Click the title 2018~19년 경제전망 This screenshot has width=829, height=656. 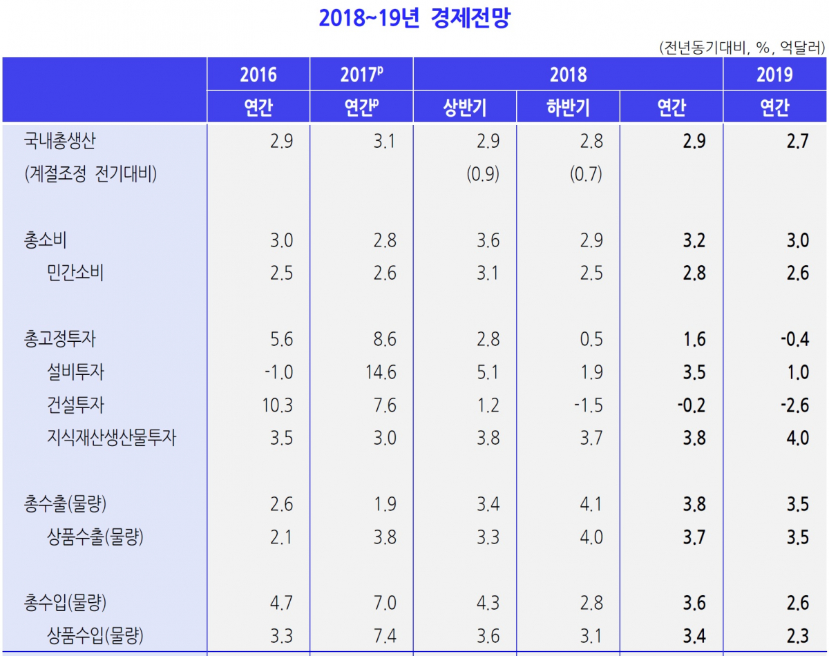[x=414, y=19]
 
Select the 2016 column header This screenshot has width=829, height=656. [x=258, y=75]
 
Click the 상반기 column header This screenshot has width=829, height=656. [x=465, y=108]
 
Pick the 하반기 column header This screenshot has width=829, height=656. [x=568, y=108]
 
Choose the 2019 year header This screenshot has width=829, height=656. [x=774, y=75]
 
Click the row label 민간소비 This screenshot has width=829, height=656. [x=75, y=273]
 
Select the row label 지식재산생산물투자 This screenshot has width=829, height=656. [x=111, y=438]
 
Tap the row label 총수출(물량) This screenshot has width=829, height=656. [x=65, y=504]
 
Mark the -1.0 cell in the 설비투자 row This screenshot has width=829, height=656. [x=278, y=372]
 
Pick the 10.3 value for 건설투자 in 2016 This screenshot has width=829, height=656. [x=278, y=405]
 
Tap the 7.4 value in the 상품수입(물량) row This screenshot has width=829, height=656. [x=385, y=635]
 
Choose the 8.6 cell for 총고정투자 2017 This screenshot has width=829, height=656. [x=385, y=339]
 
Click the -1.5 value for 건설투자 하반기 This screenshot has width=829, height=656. [x=588, y=405]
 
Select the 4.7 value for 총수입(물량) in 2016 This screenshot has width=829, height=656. [x=281, y=603]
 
